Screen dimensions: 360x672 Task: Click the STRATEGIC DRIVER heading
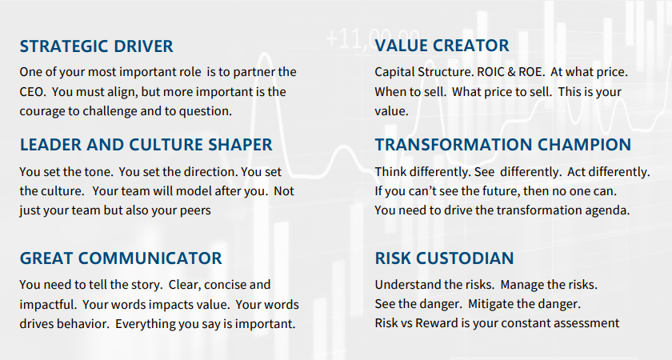(96, 46)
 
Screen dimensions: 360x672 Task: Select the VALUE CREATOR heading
(442, 46)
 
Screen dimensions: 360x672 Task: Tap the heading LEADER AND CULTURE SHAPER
(146, 145)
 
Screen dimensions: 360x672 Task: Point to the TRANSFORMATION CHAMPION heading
(502, 145)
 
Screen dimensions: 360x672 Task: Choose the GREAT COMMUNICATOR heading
(121, 258)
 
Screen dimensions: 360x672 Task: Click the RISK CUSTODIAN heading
(444, 258)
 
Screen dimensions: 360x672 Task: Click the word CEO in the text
(33, 92)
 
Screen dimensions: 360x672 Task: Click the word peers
(194, 210)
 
